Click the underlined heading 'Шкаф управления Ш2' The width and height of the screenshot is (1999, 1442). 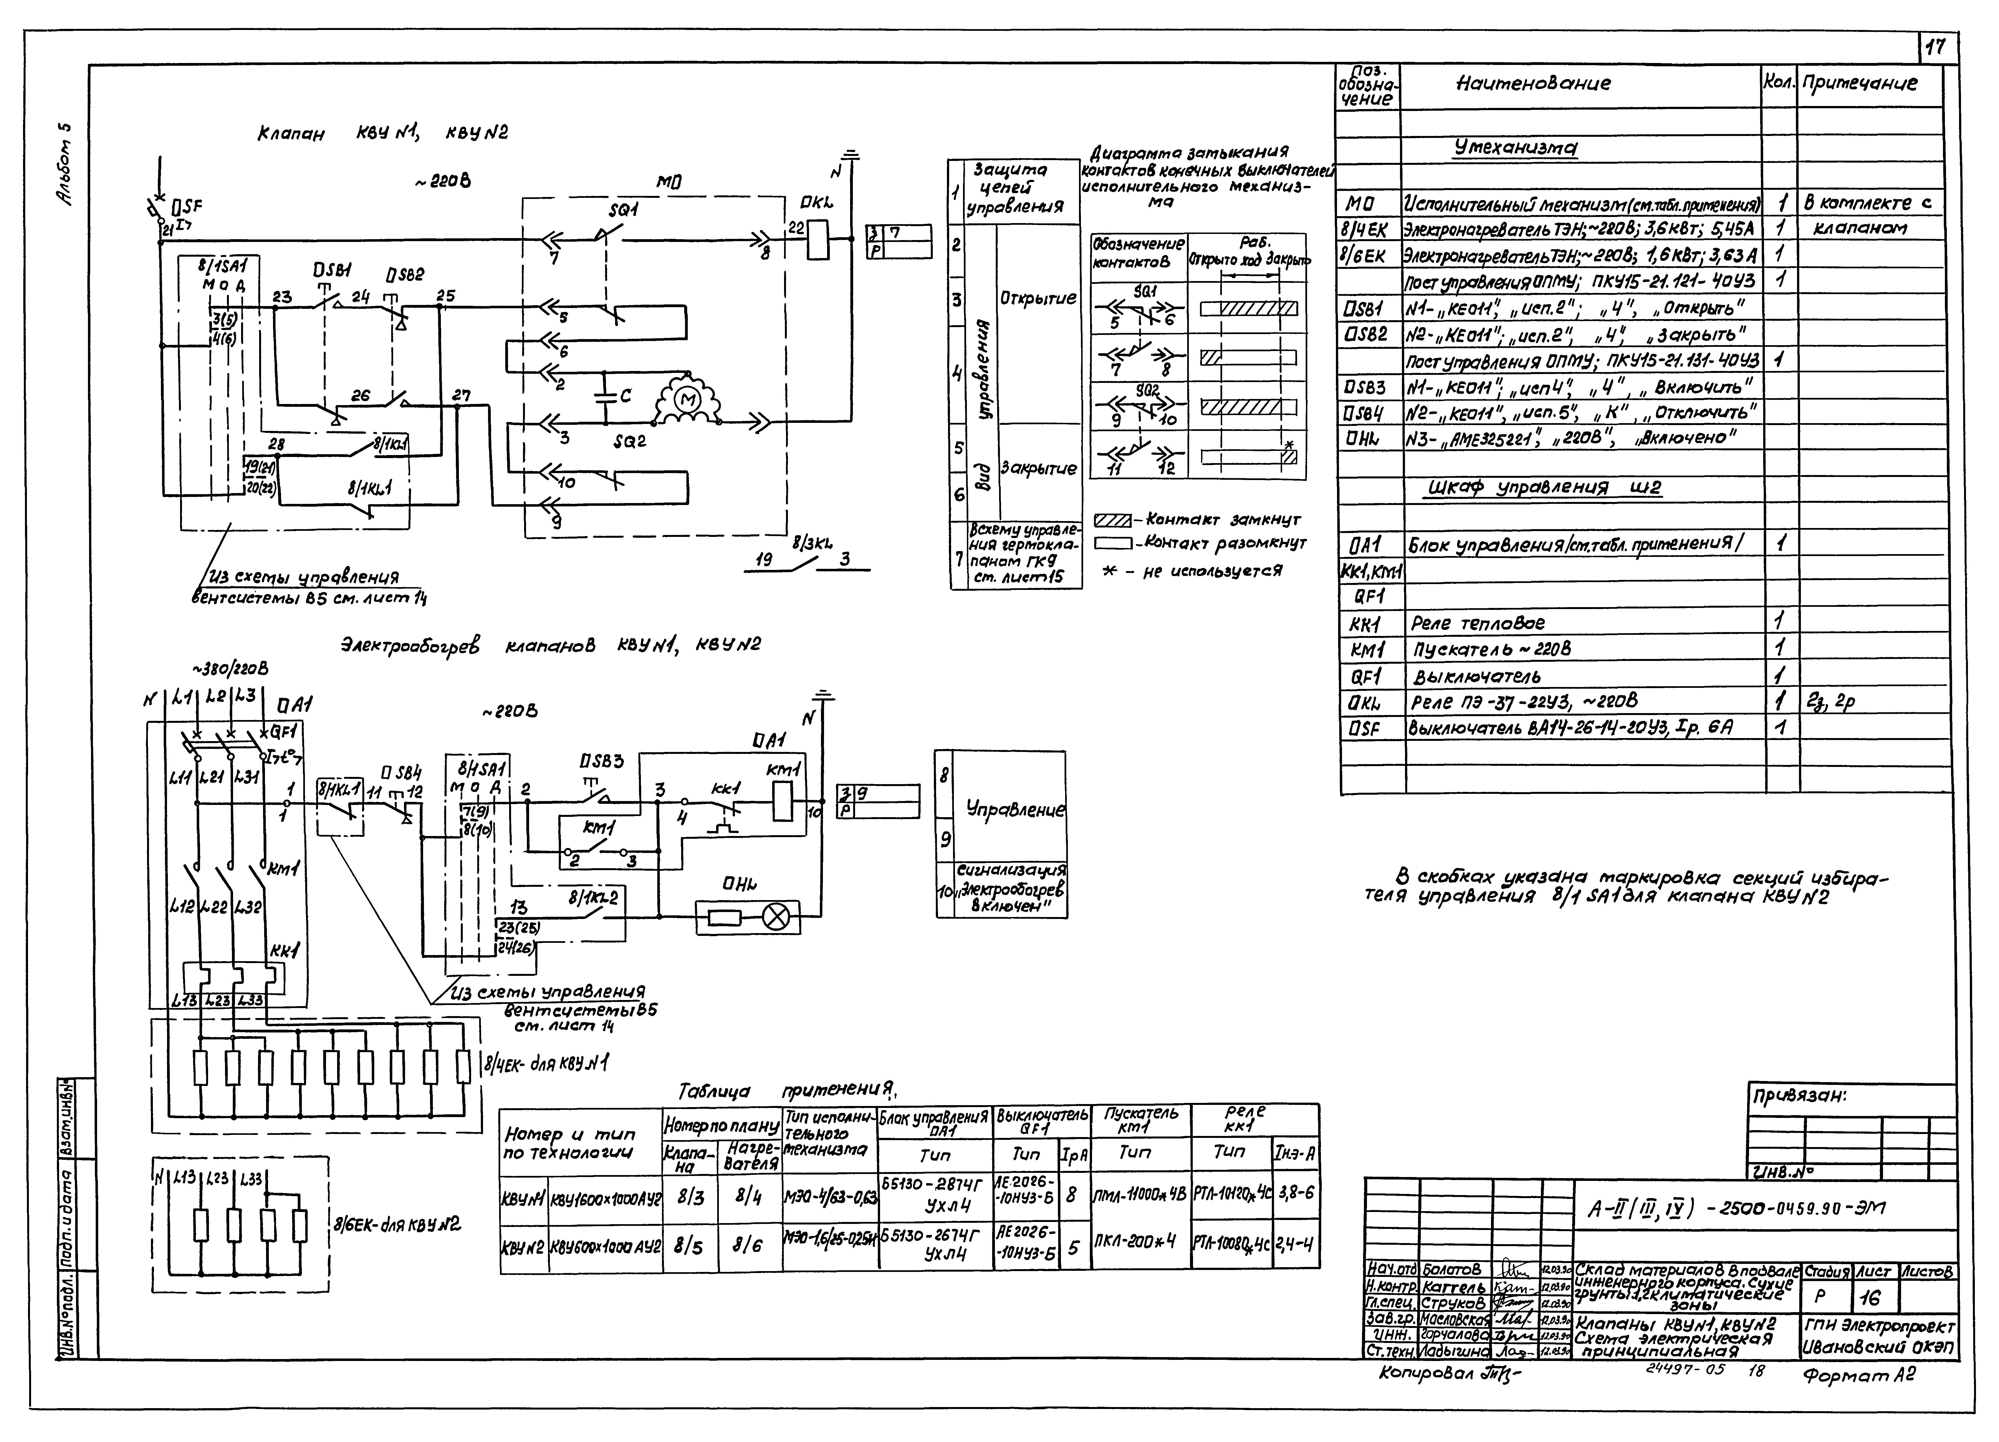tap(1544, 488)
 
